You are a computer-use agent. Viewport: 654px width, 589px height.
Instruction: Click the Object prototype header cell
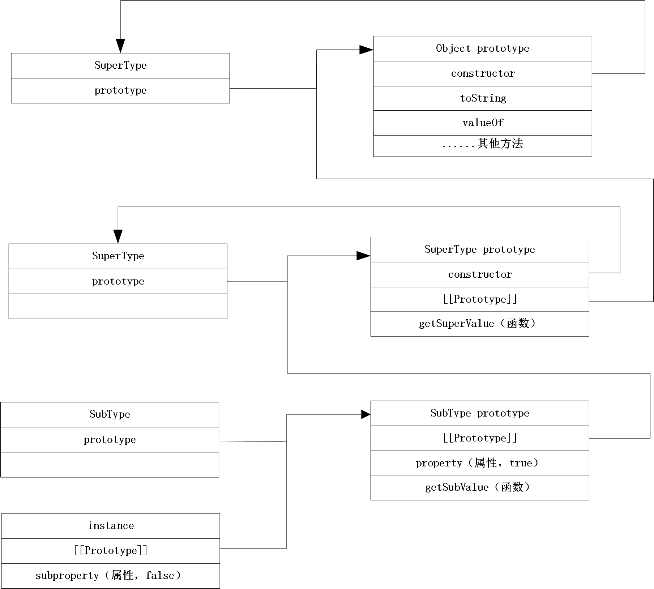point(482,48)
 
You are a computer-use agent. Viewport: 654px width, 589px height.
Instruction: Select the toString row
point(482,98)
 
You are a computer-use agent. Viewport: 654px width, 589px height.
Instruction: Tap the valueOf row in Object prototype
point(482,123)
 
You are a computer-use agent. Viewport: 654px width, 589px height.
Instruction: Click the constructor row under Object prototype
point(482,73)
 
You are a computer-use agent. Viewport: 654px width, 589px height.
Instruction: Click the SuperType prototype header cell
point(479,249)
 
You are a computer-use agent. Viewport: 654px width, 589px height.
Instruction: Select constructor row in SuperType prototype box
point(479,274)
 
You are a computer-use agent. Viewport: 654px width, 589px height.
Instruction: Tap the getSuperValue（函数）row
point(479,324)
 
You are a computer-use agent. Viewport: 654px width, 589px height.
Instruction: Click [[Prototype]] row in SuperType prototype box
point(479,299)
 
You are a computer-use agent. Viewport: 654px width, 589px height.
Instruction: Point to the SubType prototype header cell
point(479,413)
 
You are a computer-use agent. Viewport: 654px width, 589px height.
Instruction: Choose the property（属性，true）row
point(479,463)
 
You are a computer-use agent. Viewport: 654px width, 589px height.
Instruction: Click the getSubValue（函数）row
point(479,487)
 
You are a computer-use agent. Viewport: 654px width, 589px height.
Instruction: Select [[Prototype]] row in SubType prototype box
point(479,438)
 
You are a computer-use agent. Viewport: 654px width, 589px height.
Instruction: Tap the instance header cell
point(111,526)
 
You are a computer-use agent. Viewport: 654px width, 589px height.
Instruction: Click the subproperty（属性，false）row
point(111,576)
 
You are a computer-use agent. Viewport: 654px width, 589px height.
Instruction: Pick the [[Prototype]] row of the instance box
point(111,551)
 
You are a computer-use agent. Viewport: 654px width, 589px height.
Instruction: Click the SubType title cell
point(110,414)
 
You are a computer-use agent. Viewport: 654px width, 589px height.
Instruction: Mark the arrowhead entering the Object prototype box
point(366,50)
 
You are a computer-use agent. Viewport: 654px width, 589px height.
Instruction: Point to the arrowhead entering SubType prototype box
point(366,414)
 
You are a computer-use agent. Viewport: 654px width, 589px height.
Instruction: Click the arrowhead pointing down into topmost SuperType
point(120,46)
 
